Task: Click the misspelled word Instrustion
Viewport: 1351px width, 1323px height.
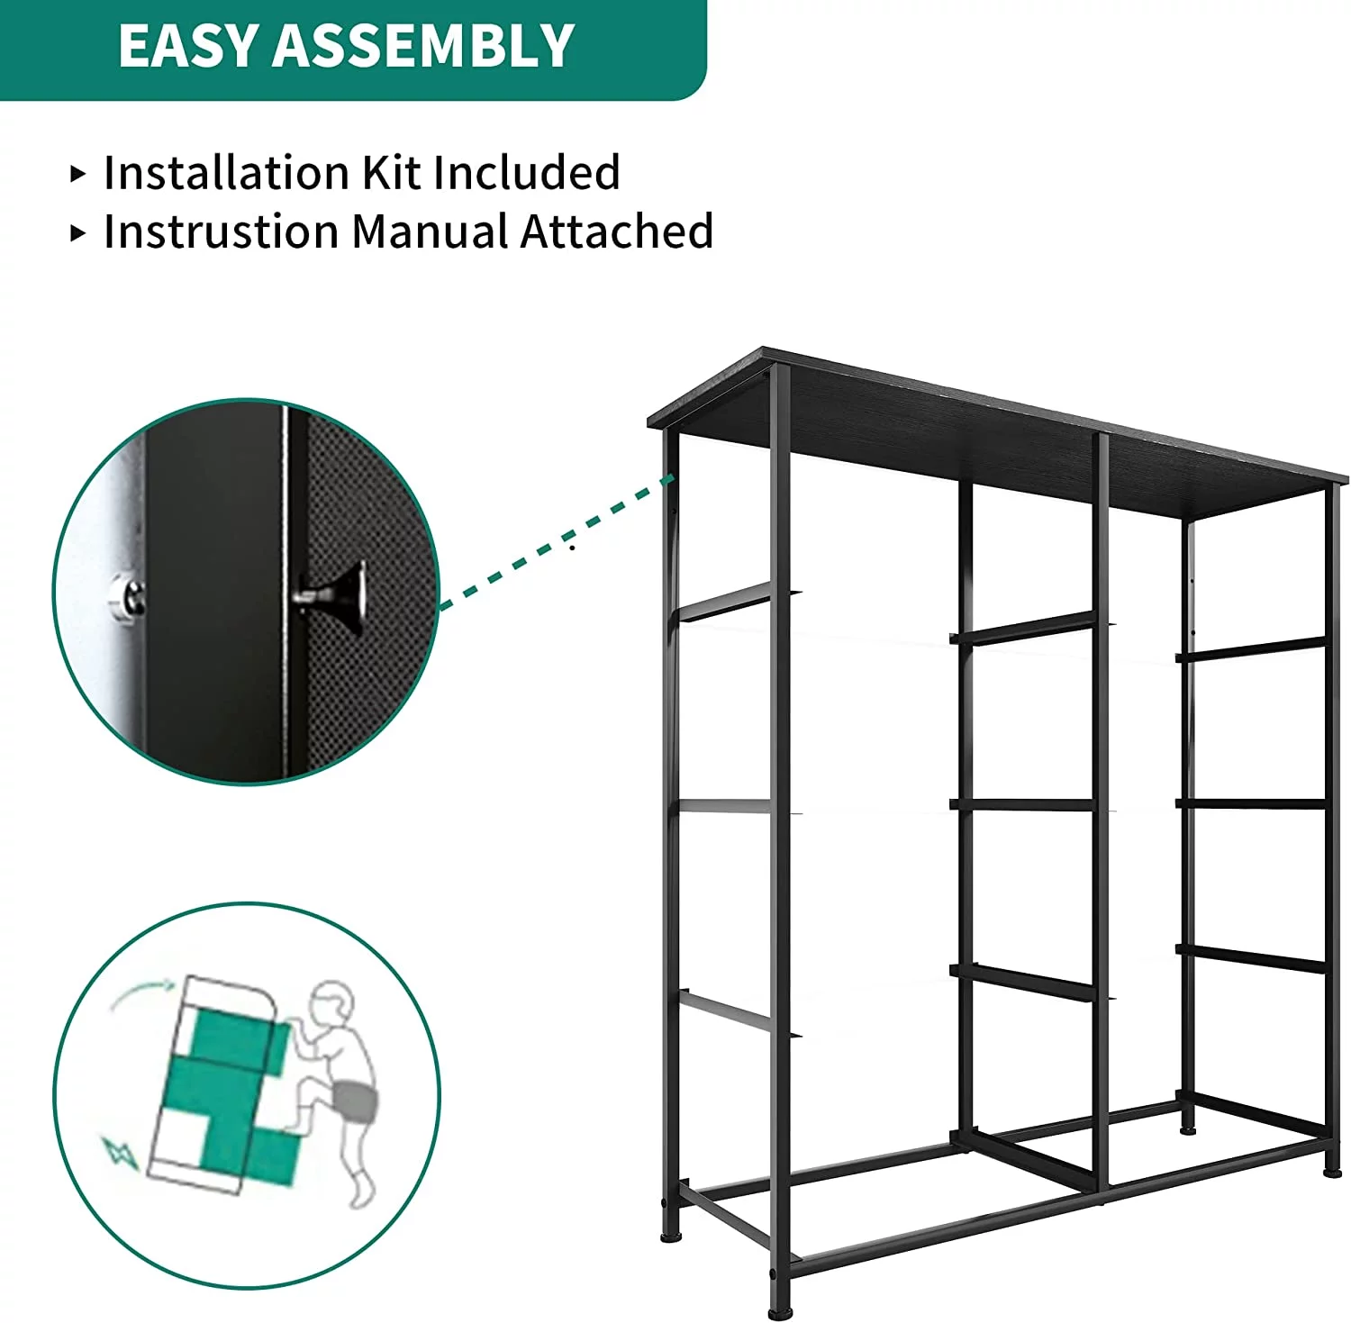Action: pyautogui.click(x=221, y=231)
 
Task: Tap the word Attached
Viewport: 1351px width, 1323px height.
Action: pyautogui.click(x=618, y=231)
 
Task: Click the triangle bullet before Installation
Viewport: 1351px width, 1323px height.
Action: pyautogui.click(x=78, y=174)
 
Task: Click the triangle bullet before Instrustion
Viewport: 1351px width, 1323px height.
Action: pyautogui.click(x=78, y=233)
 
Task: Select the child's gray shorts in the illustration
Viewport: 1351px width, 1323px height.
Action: pyautogui.click(x=355, y=1101)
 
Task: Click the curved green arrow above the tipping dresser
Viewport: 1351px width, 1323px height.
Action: pyautogui.click(x=142, y=993)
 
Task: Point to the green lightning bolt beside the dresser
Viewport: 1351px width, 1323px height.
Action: pyautogui.click(x=120, y=1153)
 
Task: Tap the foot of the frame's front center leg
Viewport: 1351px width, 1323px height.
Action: pyautogui.click(x=781, y=1312)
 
